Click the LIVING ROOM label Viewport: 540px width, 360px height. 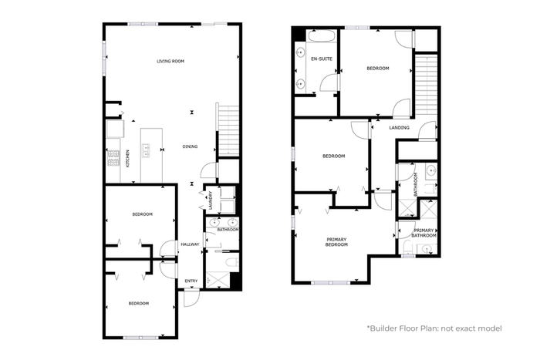pos(170,61)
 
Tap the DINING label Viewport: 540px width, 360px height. pos(190,146)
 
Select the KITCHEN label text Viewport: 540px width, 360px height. pos(128,159)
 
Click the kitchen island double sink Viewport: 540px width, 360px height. pos(147,151)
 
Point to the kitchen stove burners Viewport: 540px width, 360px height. pos(113,158)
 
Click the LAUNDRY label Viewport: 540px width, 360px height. pos(211,200)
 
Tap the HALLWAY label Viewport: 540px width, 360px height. pos(190,244)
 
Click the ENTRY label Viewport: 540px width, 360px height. pos(191,281)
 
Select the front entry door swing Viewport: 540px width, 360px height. pos(191,298)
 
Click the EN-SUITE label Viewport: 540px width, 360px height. pos(322,59)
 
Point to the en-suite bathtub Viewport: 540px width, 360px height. pos(322,36)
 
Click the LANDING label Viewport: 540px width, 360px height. pos(399,128)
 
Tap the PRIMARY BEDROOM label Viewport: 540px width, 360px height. pos(336,242)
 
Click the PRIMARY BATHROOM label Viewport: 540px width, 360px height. pos(424,233)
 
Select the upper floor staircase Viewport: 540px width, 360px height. pos(426,85)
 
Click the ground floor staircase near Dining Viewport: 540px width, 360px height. pos(228,130)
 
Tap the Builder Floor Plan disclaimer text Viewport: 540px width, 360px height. pos(434,328)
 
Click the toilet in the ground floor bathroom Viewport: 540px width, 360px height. pos(232,263)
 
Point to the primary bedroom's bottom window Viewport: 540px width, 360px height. pos(331,283)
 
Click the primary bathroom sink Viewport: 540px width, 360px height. pos(427,249)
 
